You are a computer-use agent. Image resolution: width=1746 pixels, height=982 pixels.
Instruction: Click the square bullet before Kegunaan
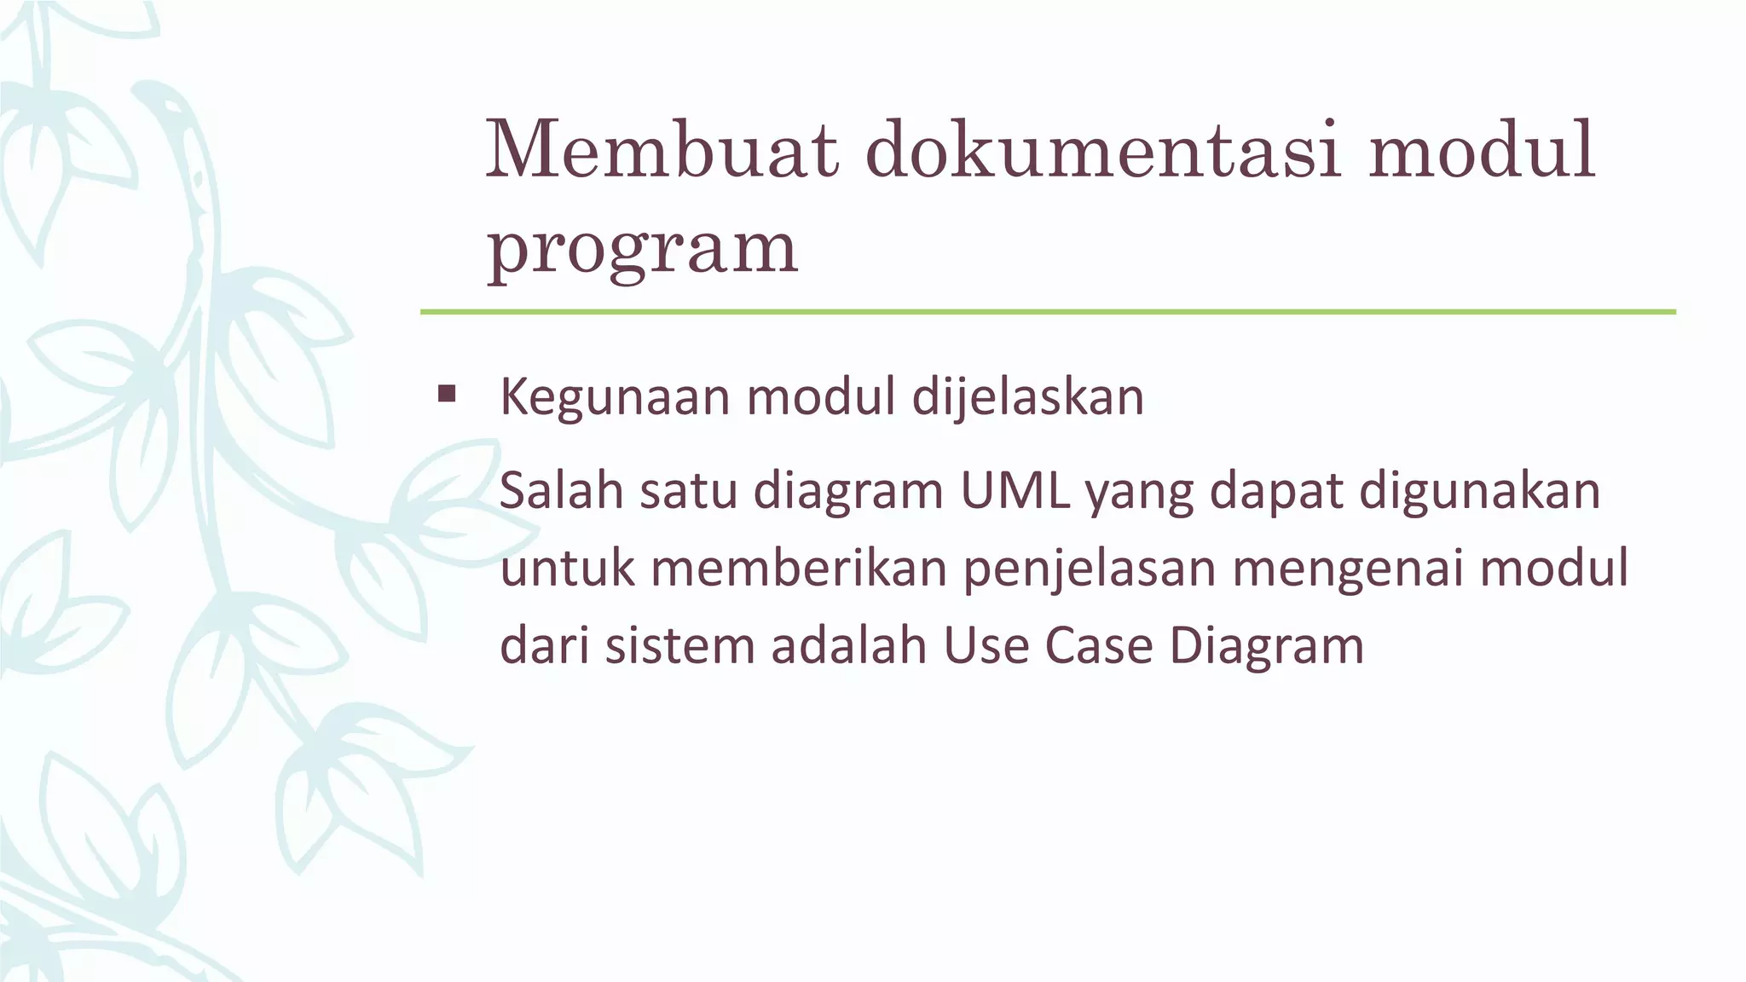[x=446, y=395]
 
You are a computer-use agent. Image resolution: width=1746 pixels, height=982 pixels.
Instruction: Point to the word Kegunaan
[x=615, y=397]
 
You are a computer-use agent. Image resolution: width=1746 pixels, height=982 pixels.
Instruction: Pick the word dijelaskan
[x=1027, y=397]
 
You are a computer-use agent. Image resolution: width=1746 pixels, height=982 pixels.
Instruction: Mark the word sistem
[x=680, y=646]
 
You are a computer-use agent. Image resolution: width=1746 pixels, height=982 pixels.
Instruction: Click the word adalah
[x=849, y=646]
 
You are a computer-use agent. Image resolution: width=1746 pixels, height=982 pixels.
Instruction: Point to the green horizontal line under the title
[x=1048, y=312]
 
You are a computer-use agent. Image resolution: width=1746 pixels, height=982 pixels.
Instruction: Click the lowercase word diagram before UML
[x=848, y=493]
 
